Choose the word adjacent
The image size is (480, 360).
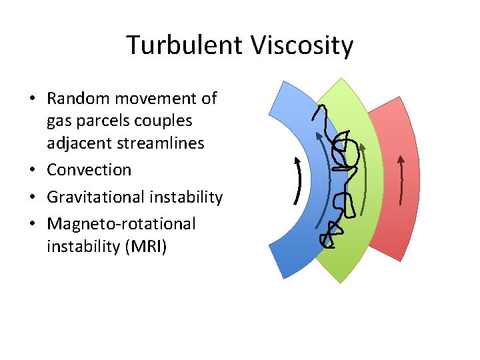click(x=79, y=143)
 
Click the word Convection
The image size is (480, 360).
click(x=89, y=170)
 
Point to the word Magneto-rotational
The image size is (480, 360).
click(x=121, y=224)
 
